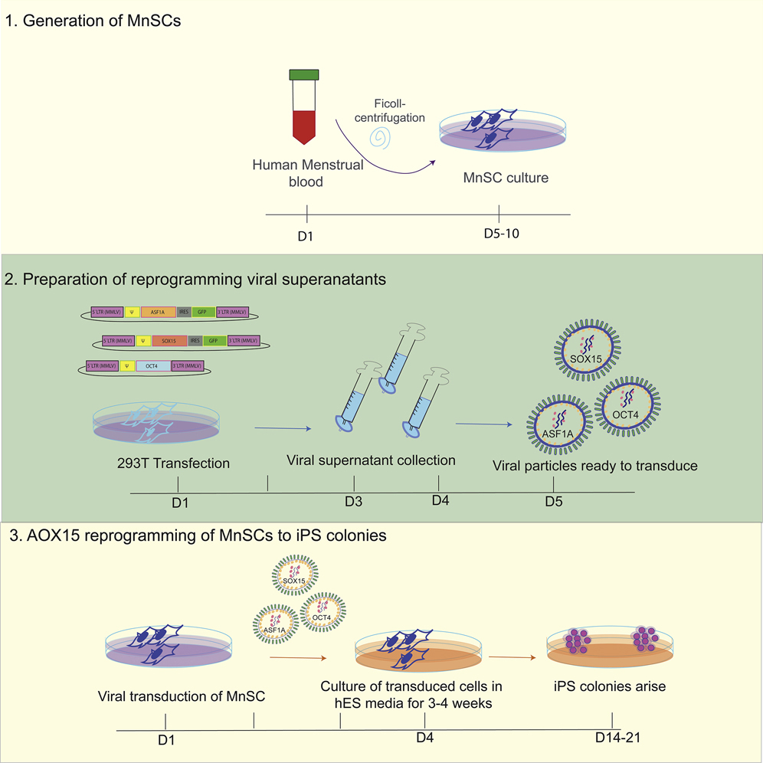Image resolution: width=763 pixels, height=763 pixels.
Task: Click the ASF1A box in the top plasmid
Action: (x=158, y=313)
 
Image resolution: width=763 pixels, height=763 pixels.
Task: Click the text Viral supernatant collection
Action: (x=371, y=460)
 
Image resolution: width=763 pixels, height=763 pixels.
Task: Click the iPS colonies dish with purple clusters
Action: (x=611, y=645)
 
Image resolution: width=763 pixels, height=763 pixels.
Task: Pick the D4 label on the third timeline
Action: (x=424, y=738)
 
